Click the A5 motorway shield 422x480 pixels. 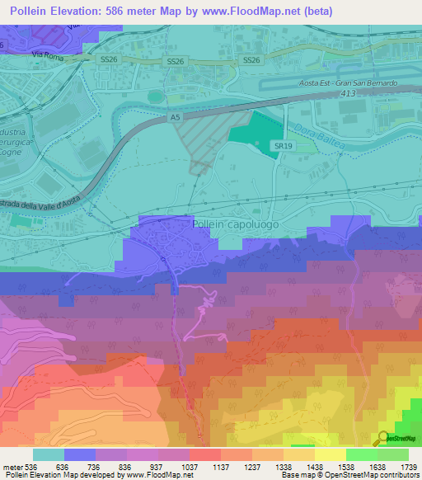click(x=175, y=119)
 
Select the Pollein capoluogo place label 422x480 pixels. click(x=235, y=224)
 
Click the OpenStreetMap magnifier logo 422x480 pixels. click(x=384, y=439)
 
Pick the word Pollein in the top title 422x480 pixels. click(x=33, y=11)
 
